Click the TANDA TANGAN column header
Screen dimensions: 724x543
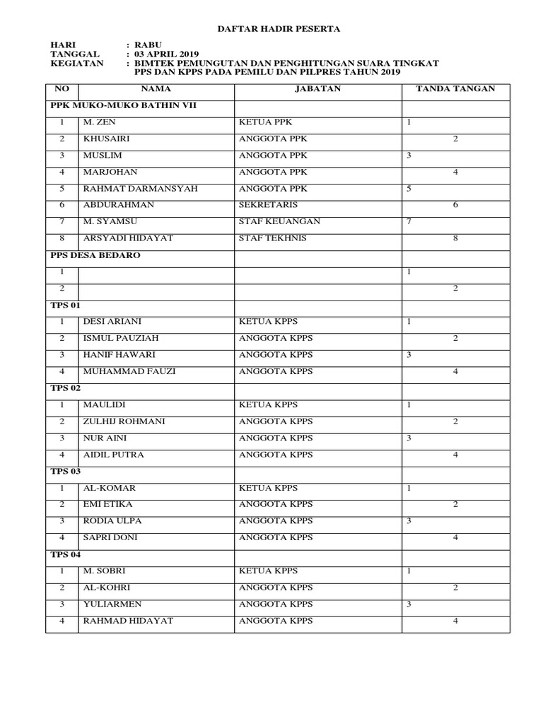(x=455, y=89)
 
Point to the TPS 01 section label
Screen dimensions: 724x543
(x=66, y=305)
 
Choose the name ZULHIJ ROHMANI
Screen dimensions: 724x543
(x=124, y=421)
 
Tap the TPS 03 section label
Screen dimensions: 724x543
(x=66, y=471)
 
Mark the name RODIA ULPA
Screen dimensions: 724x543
(x=112, y=521)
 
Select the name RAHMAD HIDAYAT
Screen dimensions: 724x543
(x=128, y=621)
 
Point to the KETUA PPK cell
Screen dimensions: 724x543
(x=265, y=122)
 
